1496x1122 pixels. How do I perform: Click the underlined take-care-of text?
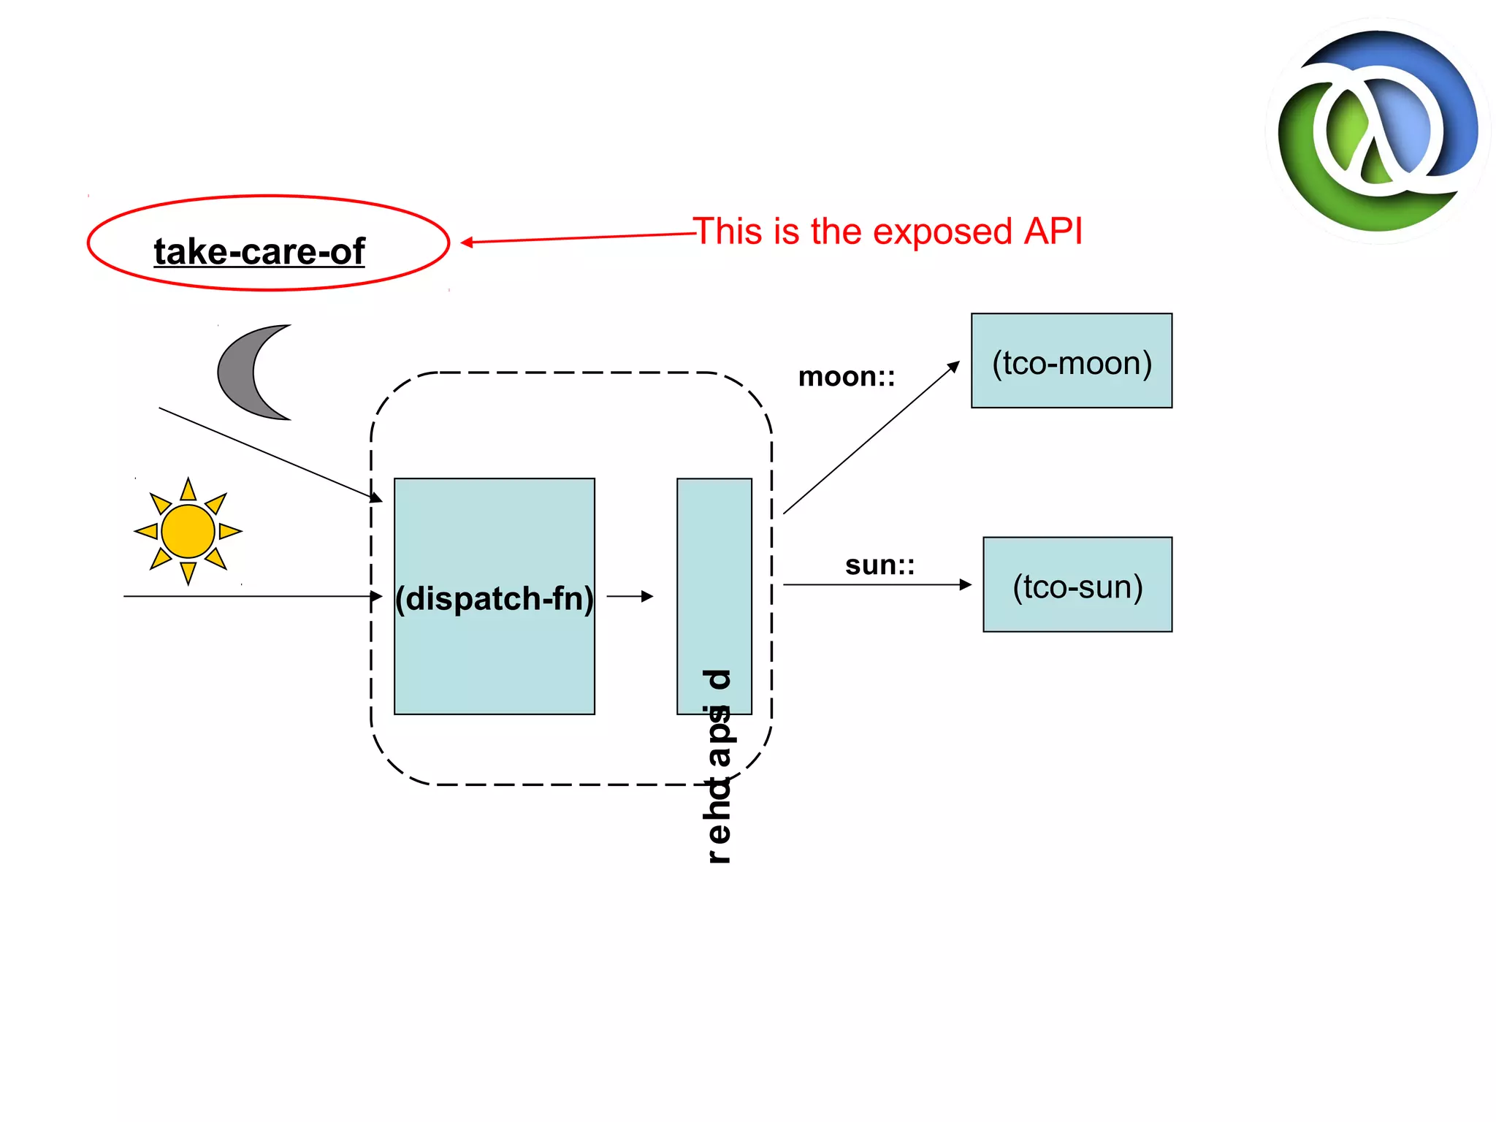click(259, 252)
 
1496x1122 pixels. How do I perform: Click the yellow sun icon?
click(188, 531)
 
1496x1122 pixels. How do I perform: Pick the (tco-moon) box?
click(1071, 361)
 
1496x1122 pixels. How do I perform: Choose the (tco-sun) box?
click(1077, 584)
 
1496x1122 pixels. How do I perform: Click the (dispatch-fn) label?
click(494, 598)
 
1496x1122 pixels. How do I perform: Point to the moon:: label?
click(846, 377)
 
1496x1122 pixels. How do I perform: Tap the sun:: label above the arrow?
click(879, 565)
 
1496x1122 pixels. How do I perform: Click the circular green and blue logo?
click(1378, 131)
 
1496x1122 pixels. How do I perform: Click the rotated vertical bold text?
click(719, 767)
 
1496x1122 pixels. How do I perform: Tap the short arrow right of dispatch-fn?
click(630, 596)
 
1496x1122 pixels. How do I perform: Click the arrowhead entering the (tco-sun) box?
click(966, 584)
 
